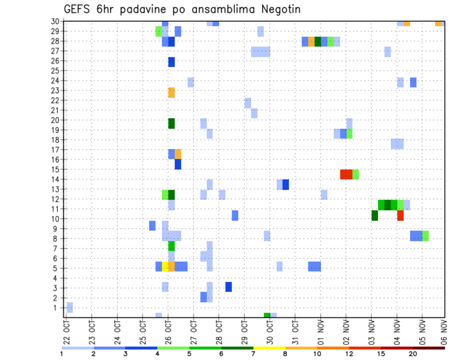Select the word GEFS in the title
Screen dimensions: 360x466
coord(78,10)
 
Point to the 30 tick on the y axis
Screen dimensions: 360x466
coord(55,21)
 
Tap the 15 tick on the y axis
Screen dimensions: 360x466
coord(55,169)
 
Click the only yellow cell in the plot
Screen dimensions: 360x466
coord(165,266)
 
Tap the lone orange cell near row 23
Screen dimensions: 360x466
coord(171,92)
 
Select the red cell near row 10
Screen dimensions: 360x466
coord(400,215)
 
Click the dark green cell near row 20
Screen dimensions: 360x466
coord(171,123)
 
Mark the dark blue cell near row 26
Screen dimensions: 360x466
coord(171,62)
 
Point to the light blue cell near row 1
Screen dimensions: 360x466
coord(69,307)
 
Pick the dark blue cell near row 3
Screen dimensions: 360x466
coord(228,287)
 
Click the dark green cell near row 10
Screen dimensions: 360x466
coord(375,215)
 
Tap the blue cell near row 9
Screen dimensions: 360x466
coord(152,226)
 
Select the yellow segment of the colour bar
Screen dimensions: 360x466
coord(269,348)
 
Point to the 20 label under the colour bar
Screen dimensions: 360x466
coord(413,354)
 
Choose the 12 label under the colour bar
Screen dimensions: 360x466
coord(349,354)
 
